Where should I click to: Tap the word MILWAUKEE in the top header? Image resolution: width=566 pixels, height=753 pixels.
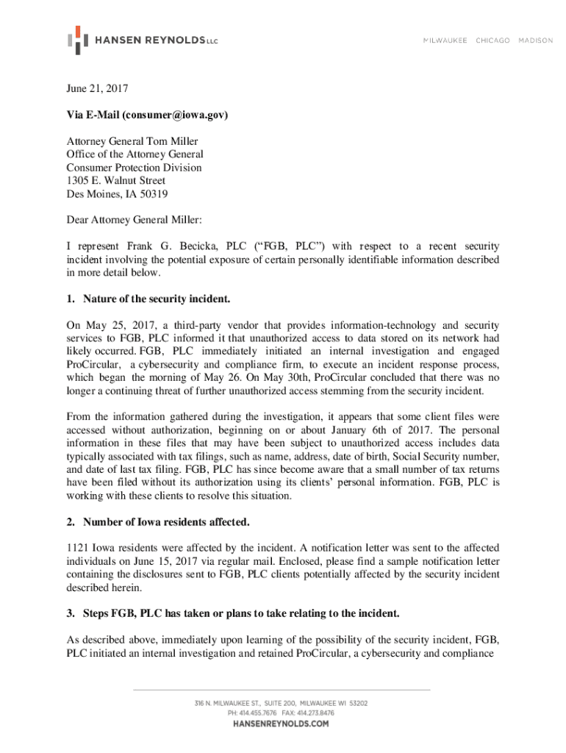(445, 40)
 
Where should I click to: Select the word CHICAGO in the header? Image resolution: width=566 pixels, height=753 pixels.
(492, 40)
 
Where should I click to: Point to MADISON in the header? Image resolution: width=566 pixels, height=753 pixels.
(536, 40)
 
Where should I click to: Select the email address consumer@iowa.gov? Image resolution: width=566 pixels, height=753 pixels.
(175, 115)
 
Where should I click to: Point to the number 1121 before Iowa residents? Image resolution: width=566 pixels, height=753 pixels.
(77, 548)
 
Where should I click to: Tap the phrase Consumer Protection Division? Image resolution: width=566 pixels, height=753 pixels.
(134, 168)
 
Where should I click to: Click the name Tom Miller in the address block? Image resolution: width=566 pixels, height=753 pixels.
(173, 141)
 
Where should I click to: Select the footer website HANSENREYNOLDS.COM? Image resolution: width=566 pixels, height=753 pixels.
(281, 724)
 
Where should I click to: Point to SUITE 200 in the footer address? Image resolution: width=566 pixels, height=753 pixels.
(276, 703)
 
